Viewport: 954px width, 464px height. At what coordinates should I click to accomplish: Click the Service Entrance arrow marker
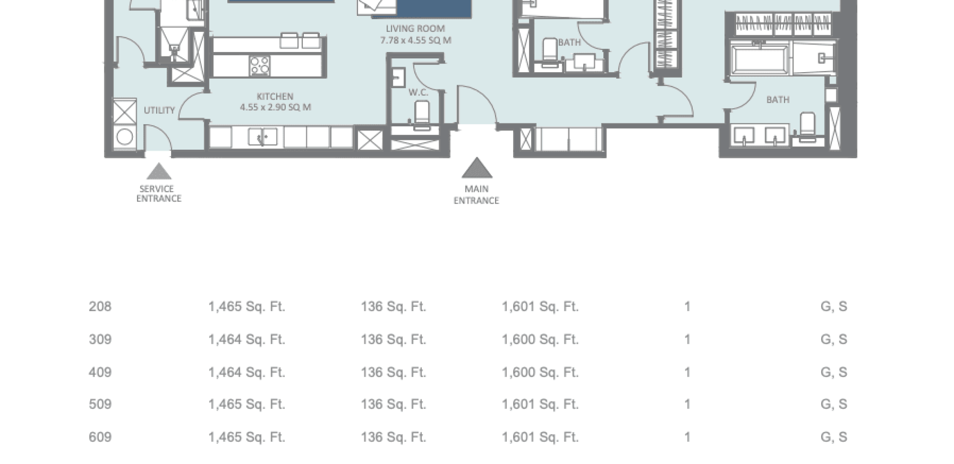(159, 171)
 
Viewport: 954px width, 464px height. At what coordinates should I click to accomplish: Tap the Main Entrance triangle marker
(477, 168)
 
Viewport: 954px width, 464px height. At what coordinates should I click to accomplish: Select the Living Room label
(415, 29)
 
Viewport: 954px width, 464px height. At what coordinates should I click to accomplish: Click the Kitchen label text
(275, 96)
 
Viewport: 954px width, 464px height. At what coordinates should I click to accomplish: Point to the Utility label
(159, 110)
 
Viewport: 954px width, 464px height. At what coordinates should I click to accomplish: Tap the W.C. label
(418, 92)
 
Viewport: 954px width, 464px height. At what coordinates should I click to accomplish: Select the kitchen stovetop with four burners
(260, 66)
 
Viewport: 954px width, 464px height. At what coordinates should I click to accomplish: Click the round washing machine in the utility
(125, 137)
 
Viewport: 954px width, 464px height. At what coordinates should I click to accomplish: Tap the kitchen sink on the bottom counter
(263, 137)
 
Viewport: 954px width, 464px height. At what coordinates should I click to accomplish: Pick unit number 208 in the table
(100, 306)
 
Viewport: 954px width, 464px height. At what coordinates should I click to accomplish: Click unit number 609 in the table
(100, 437)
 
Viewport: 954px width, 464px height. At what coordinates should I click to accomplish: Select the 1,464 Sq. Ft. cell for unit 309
(247, 339)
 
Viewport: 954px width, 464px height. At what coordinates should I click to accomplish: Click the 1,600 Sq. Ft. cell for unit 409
(540, 372)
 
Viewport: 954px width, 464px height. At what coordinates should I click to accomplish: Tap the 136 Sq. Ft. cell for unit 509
(393, 404)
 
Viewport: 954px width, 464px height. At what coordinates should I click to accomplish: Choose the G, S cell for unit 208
(834, 307)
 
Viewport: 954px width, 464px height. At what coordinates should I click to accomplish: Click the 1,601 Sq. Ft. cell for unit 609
(540, 437)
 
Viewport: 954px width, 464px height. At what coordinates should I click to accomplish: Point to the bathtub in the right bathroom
(760, 59)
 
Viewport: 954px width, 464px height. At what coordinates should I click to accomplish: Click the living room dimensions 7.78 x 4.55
(416, 40)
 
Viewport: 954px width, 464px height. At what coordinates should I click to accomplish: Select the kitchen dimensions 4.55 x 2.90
(275, 107)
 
